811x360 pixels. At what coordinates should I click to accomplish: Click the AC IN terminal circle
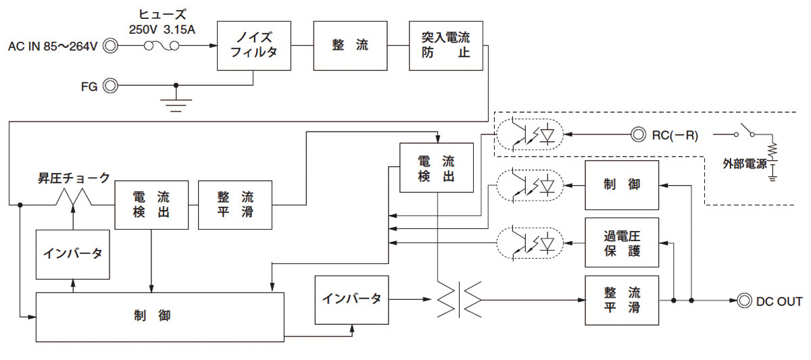[x=110, y=46]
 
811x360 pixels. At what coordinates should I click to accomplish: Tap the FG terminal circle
[x=110, y=86]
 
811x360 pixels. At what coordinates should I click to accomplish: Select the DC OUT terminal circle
[x=744, y=301]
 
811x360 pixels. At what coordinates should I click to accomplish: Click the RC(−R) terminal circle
[x=638, y=134]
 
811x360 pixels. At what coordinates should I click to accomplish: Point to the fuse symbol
[x=162, y=47]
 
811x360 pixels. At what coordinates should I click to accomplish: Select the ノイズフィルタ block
[x=254, y=45]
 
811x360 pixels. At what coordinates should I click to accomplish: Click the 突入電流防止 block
[x=445, y=45]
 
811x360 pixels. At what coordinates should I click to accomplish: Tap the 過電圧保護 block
[x=622, y=242]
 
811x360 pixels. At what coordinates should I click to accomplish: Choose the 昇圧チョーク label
[x=74, y=178]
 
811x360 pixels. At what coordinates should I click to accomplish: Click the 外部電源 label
[x=745, y=164]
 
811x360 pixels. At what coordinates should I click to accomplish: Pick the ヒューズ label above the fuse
[x=162, y=14]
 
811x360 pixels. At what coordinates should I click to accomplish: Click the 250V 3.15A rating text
[x=162, y=30]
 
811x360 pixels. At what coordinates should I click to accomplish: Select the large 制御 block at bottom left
[x=159, y=317]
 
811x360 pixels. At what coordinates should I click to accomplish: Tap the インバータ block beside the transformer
[x=351, y=300]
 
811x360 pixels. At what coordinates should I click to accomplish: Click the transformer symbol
[x=459, y=300]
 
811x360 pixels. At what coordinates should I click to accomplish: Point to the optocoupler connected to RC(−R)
[x=530, y=134]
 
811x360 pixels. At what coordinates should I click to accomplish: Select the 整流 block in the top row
[x=350, y=45]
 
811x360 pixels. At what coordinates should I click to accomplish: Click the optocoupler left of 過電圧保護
[x=530, y=243]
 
